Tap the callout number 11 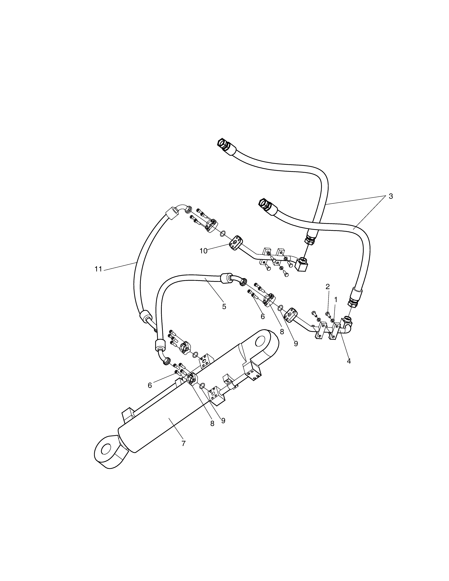click(98, 269)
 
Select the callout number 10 click(203, 251)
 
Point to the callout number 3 click(391, 196)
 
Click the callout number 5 click(224, 306)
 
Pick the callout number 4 click(349, 361)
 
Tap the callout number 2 click(327, 287)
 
